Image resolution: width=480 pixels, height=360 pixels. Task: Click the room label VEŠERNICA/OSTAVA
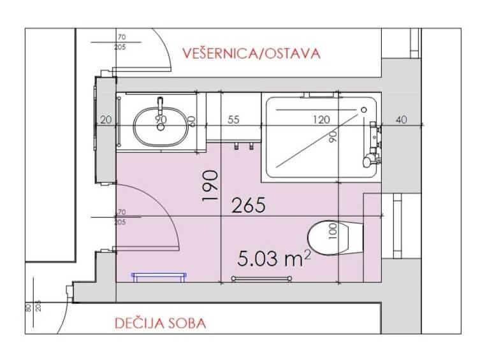click(251, 53)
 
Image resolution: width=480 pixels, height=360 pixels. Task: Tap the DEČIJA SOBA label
click(161, 324)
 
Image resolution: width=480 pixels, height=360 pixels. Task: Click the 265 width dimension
click(249, 205)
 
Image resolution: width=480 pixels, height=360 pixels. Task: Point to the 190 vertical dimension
click(210, 185)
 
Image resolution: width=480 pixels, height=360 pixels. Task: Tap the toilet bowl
click(335, 238)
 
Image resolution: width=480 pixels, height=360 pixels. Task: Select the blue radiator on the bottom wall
click(159, 276)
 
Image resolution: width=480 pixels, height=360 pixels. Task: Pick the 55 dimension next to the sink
click(233, 119)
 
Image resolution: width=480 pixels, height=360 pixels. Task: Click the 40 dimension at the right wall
click(400, 119)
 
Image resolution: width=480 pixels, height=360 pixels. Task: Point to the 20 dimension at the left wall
click(106, 119)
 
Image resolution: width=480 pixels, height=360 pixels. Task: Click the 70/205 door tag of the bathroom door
click(119, 217)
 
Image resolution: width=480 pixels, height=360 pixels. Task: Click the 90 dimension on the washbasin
click(161, 119)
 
